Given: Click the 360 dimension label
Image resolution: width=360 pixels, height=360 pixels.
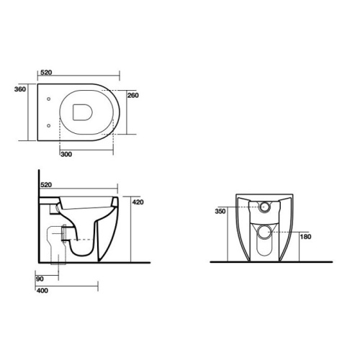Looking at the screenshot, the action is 20,89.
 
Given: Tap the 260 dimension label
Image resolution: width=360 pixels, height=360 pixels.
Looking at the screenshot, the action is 133,96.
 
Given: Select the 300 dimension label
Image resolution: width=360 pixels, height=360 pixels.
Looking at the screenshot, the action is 66,154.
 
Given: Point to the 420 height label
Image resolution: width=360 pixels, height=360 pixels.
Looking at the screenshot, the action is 138,202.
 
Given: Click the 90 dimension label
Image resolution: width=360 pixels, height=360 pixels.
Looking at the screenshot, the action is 40,279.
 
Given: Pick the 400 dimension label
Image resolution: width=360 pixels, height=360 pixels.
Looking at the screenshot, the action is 42,291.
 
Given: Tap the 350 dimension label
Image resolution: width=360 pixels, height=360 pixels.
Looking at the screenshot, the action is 220,212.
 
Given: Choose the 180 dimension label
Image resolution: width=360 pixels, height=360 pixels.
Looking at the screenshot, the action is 305,237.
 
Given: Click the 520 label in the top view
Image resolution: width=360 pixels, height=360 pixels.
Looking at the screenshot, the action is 46,73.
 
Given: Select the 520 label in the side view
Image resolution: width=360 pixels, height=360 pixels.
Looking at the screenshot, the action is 46,185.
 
